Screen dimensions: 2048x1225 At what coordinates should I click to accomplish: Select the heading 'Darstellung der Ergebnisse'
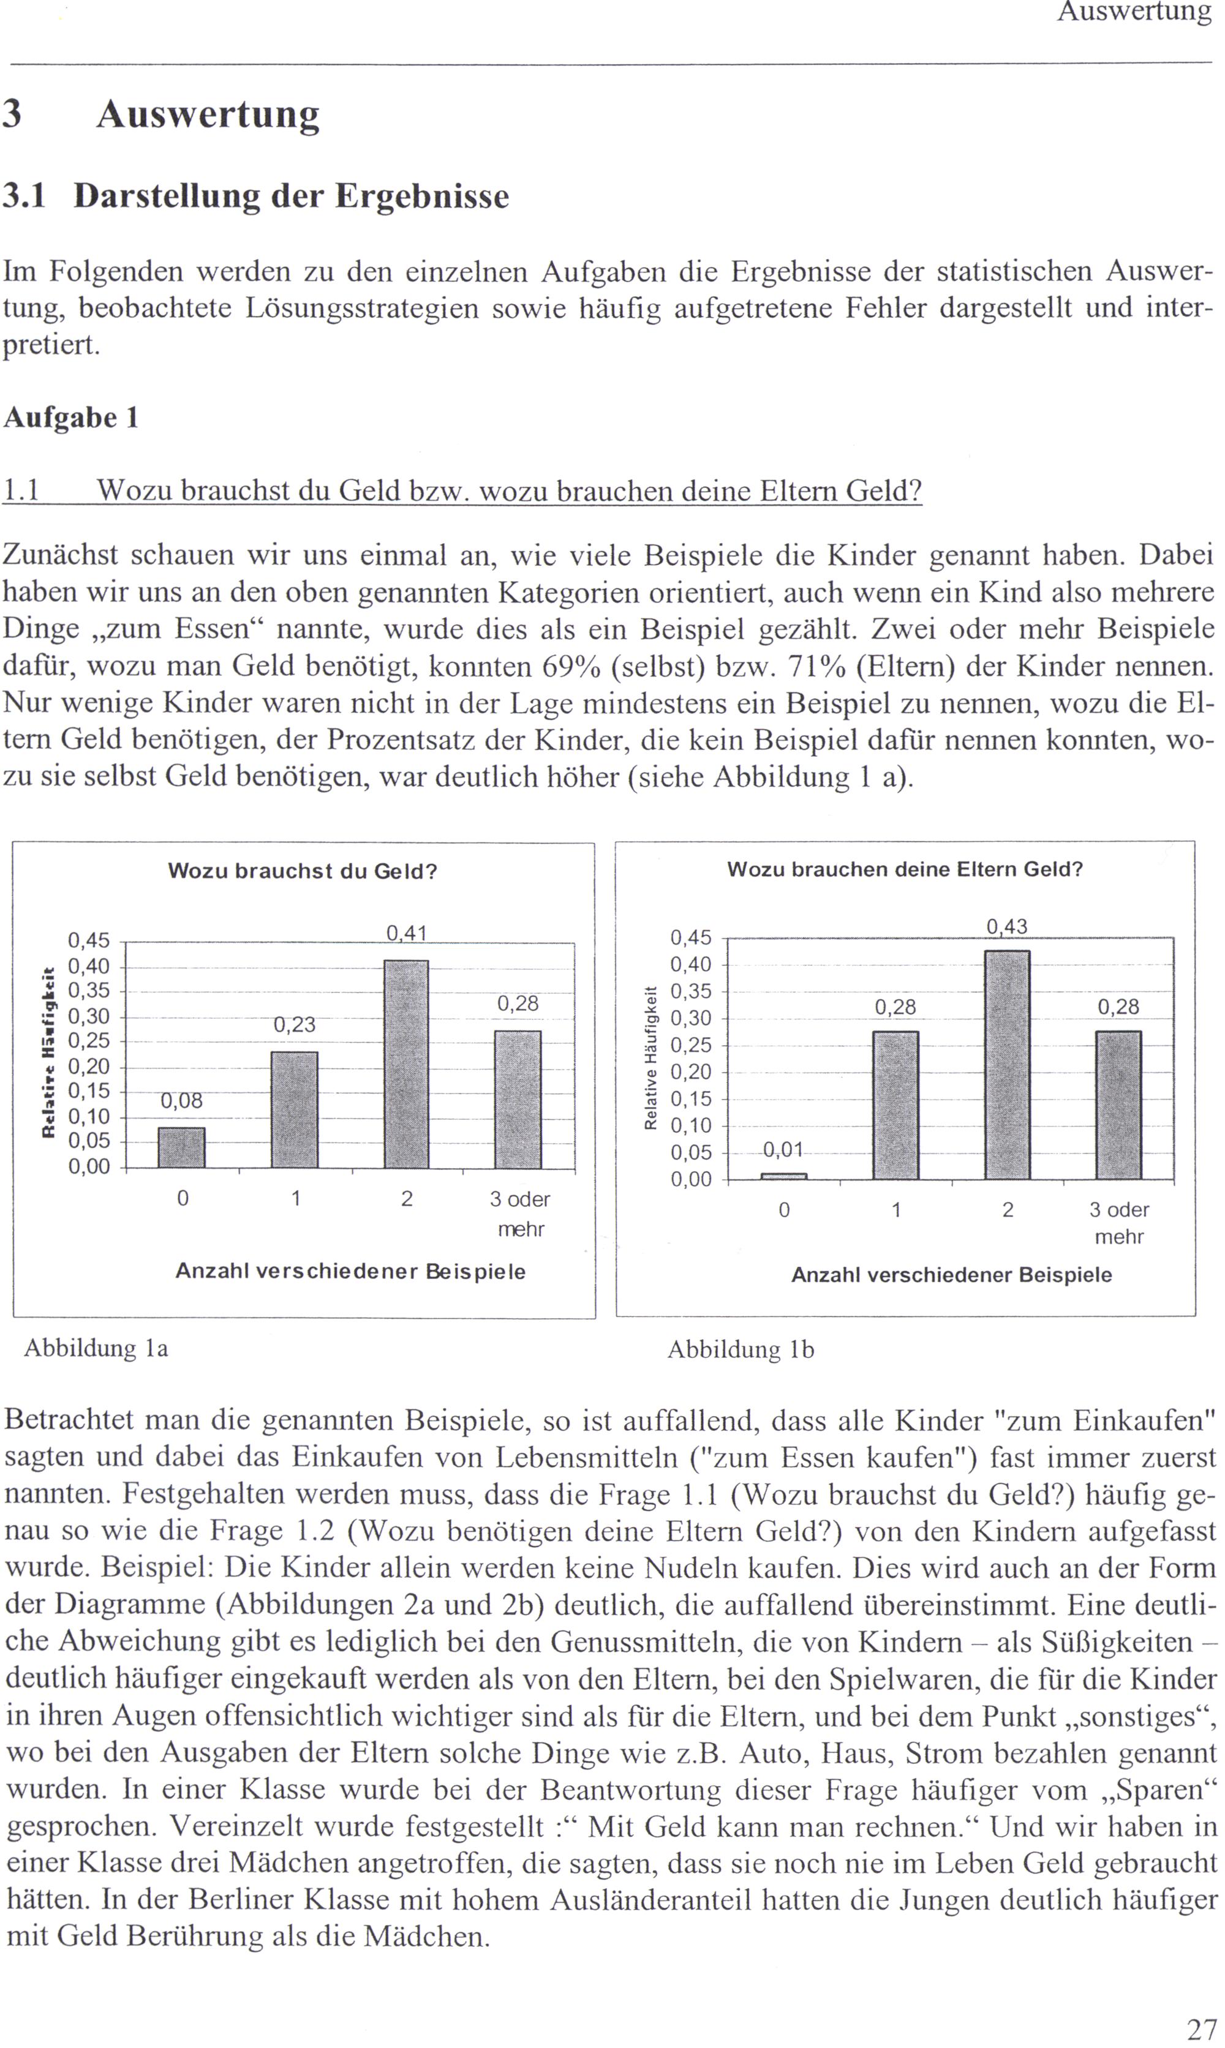[x=290, y=197]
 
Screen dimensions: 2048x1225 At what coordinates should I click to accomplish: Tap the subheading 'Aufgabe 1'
[x=71, y=418]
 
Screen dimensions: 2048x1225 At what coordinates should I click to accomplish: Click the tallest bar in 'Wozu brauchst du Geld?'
[x=406, y=1065]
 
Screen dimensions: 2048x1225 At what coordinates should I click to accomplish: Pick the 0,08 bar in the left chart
[x=181, y=1148]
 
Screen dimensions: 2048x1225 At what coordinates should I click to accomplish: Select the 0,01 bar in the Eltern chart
[x=783, y=1176]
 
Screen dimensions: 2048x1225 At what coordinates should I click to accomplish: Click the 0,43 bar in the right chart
[x=1007, y=1065]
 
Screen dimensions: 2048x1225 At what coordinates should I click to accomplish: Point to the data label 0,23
[x=295, y=1025]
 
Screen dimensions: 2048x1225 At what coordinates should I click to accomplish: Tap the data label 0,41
[x=406, y=933]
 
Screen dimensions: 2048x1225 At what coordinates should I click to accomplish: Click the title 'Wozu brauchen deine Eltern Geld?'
[x=905, y=869]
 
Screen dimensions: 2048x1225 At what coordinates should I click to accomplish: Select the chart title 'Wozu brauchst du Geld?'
[x=302, y=871]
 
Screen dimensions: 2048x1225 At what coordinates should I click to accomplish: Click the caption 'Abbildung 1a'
[x=96, y=1348]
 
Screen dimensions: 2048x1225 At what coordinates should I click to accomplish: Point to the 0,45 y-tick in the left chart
[x=88, y=940]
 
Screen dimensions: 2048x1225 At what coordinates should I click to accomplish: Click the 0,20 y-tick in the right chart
[x=691, y=1072]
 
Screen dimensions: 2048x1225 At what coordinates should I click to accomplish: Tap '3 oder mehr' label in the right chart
[x=1119, y=1223]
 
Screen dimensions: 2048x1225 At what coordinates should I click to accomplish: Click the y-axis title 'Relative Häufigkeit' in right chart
[x=650, y=1058]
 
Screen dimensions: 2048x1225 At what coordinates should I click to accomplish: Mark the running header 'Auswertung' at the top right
[x=1134, y=12]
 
